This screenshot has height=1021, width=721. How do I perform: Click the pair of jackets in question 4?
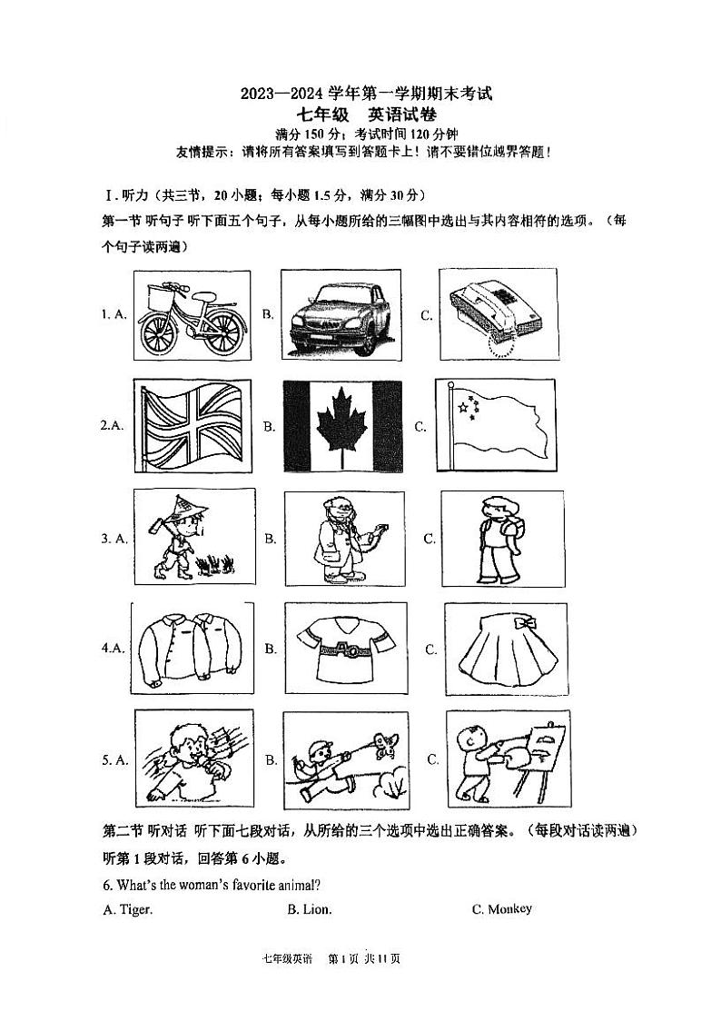coord(189,649)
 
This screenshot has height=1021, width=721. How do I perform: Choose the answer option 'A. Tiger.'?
coord(128,909)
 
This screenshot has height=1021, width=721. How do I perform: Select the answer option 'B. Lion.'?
coord(310,909)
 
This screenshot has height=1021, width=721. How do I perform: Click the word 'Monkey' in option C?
coord(510,909)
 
